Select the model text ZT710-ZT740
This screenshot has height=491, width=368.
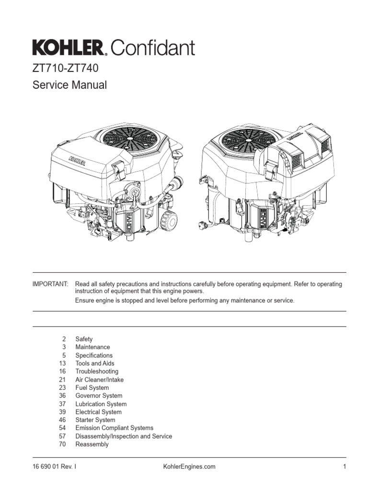click(65, 69)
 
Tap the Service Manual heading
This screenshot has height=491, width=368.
click(69, 85)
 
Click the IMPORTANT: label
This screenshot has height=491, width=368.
click(50, 284)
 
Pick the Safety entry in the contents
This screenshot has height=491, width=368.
click(84, 339)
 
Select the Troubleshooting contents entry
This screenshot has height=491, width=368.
click(97, 371)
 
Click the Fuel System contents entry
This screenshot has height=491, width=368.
click(92, 387)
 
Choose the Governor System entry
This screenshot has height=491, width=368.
click(99, 396)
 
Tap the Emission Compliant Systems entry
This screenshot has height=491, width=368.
click(114, 428)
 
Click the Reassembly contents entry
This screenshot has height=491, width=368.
click(92, 444)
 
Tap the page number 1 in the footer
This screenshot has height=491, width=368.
click(345, 467)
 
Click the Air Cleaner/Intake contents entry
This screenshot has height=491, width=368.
click(99, 379)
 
